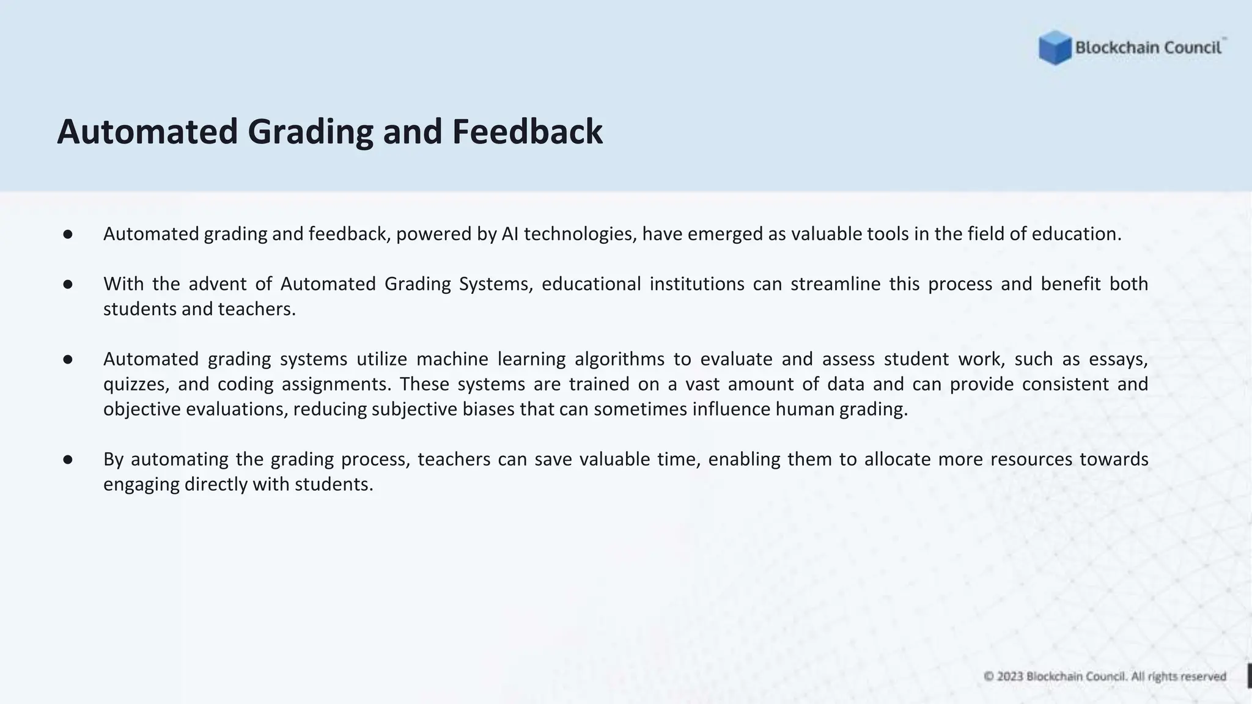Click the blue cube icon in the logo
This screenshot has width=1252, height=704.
pos(1055,48)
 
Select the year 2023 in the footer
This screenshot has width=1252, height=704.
pos(1010,676)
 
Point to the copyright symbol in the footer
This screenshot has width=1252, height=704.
pos(989,676)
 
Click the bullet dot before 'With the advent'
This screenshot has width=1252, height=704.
pos(68,284)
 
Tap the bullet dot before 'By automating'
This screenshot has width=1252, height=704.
pos(68,460)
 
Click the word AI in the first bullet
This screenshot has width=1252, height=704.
pos(510,234)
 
